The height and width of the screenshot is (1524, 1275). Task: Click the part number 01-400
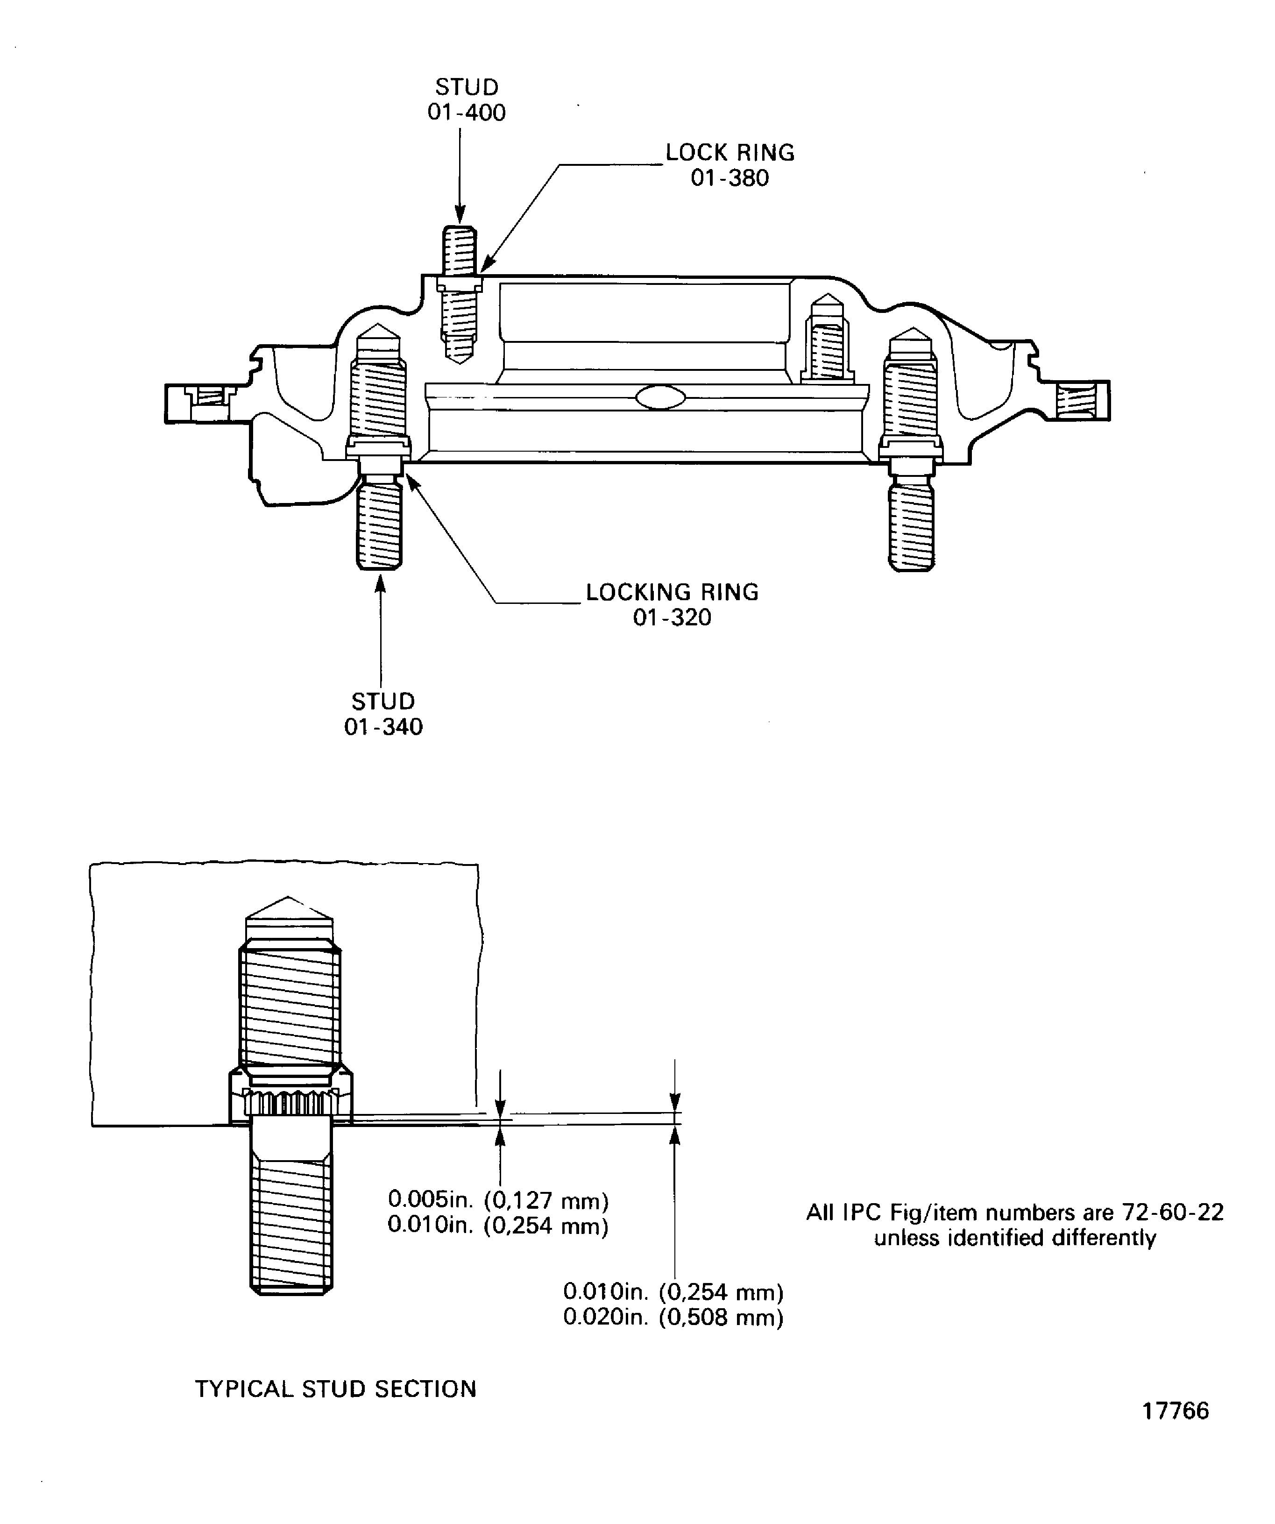tap(467, 113)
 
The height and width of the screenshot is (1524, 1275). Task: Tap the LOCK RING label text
tap(730, 152)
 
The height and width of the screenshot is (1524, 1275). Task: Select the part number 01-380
tap(730, 178)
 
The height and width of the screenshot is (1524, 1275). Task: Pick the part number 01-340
tap(383, 726)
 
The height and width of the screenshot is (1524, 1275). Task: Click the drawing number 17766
tap(1176, 1431)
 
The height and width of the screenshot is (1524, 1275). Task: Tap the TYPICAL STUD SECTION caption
tap(335, 1388)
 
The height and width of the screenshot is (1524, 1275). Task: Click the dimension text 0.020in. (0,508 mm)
tap(673, 1317)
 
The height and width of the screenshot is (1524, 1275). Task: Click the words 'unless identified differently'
tap(1014, 1237)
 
